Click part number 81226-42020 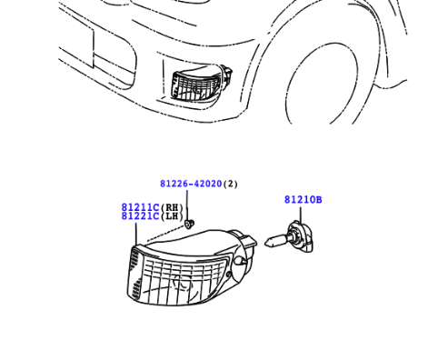pyautogui.click(x=191, y=184)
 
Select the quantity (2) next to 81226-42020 pyautogui.click(x=230, y=184)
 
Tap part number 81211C pyautogui.click(x=140, y=207)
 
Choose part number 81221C pyautogui.click(x=140, y=216)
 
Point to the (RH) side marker pyautogui.click(x=172, y=207)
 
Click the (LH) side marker pyautogui.click(x=172, y=216)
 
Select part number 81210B pyautogui.click(x=304, y=200)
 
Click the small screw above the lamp pyautogui.click(x=190, y=225)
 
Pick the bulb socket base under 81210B pyautogui.click(x=300, y=236)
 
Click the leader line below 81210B pyautogui.click(x=301, y=215)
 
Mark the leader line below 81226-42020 pyautogui.click(x=187, y=205)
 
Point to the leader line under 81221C pyautogui.click(x=136, y=234)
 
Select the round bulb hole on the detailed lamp pyautogui.click(x=240, y=261)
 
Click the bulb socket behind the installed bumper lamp pyautogui.click(x=227, y=74)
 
